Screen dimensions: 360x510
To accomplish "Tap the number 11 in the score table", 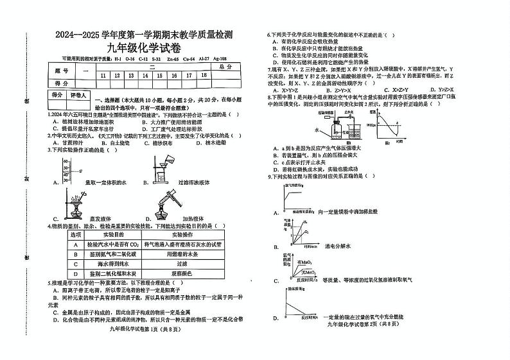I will tap(103, 75).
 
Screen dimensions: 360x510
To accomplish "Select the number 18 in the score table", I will tap(204, 75).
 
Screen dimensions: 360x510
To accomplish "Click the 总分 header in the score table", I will tap(225, 67).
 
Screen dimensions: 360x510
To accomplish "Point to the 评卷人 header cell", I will tap(78, 95).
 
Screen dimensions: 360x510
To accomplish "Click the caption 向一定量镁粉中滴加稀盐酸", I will tap(351, 210).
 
